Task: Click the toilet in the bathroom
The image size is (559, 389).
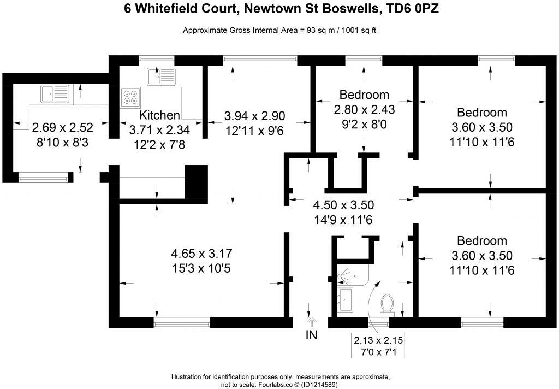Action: tap(388, 304)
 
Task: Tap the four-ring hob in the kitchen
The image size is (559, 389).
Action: tap(130, 96)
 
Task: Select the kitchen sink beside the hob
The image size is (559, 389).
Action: tap(161, 77)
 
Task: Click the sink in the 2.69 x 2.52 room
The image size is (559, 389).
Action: tap(53, 92)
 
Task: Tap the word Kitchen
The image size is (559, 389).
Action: tap(159, 115)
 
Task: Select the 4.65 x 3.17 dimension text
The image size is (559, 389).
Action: tap(202, 254)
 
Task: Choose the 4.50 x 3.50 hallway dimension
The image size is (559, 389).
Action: tap(343, 205)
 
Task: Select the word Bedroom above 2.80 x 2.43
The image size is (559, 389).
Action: tap(364, 94)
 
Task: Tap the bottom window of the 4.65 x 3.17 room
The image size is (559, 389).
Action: tap(182, 323)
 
